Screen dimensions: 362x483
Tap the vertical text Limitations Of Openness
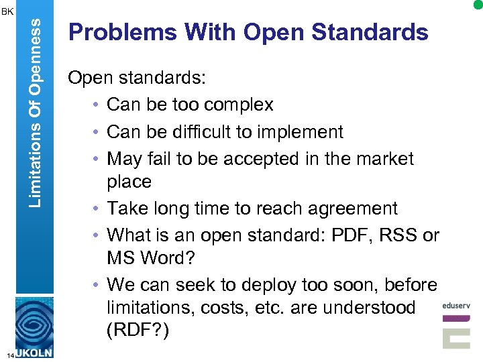click(x=38, y=111)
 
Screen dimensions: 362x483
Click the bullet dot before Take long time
click(x=98, y=209)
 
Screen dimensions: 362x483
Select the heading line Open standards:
click(x=137, y=78)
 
